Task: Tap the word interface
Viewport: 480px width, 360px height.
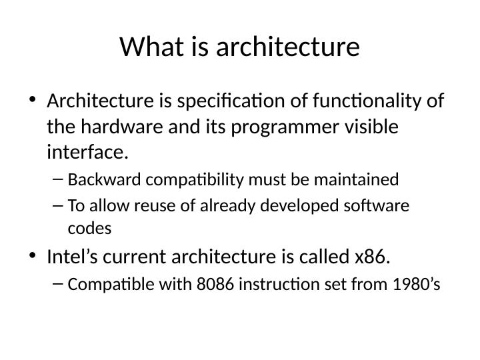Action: pos(87,152)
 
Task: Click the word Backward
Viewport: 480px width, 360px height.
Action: pos(105,180)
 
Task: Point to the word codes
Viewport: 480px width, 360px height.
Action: pos(89,228)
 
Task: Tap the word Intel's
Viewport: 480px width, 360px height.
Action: pos(73,256)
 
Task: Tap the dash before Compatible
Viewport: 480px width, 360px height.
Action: pos(58,284)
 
